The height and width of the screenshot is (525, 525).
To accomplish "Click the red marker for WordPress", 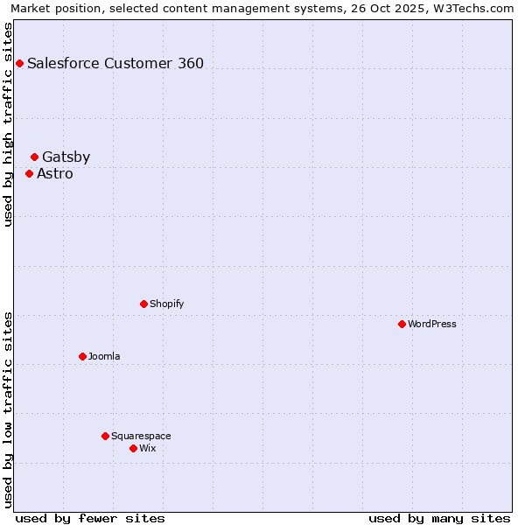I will click(402, 324).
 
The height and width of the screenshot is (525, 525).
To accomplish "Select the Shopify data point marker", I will click(143, 304).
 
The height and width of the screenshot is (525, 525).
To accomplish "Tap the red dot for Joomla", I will click(82, 356).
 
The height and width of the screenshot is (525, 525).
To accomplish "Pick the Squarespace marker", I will click(105, 436).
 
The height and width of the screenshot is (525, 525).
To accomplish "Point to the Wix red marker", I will click(133, 448).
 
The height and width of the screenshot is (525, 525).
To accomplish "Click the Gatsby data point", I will click(34, 157).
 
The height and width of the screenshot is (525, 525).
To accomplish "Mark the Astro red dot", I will click(29, 173).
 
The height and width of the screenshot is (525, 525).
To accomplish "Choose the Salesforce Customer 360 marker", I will click(19, 63).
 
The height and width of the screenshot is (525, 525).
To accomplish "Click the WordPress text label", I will click(432, 324).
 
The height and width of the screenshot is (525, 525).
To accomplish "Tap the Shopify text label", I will click(166, 304).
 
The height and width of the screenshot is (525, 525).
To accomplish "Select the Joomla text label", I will click(104, 356).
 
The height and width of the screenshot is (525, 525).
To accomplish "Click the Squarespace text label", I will click(141, 436).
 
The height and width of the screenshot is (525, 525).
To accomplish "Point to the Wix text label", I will click(148, 448).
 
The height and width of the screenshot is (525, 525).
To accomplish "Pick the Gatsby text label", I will click(66, 157).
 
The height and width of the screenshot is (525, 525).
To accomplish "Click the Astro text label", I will click(55, 173).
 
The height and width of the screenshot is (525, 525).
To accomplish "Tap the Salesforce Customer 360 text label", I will click(115, 63).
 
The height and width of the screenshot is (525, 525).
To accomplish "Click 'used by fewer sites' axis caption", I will click(90, 518).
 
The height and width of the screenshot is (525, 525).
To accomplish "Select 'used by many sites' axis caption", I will click(439, 518).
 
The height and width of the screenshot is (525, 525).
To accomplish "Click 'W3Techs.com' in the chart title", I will click(478, 9).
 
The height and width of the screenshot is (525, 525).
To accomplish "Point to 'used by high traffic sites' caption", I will click(9, 124).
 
